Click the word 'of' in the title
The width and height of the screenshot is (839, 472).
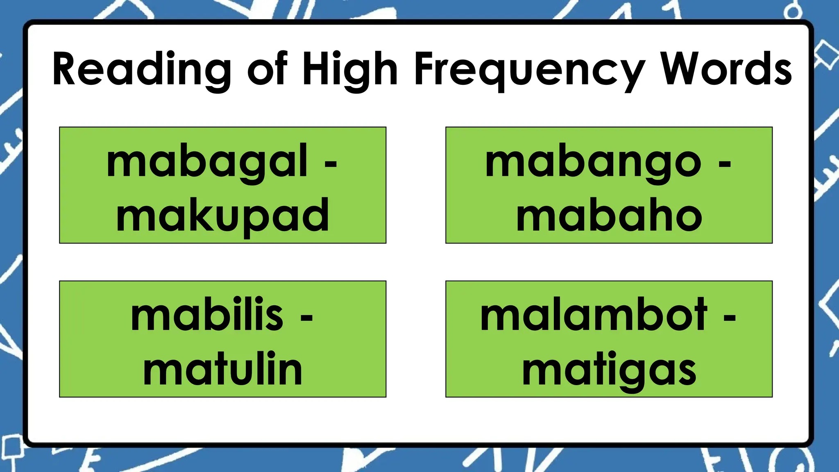coord(267,69)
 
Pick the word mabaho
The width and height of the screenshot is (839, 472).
coord(609,215)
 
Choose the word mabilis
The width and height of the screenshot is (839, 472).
coord(207,316)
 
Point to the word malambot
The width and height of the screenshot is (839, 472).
coord(593,316)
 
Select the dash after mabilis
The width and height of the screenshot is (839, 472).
coord(306,318)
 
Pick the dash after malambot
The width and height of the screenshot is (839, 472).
coord(729,318)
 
